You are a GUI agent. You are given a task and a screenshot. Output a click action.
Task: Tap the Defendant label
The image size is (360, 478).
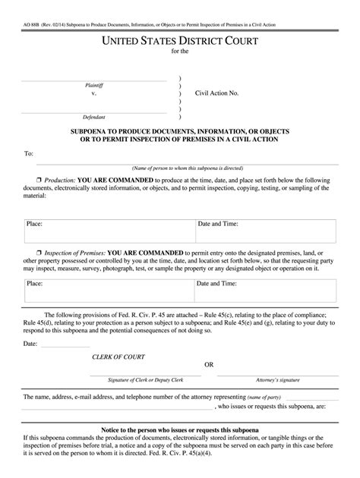click(94, 118)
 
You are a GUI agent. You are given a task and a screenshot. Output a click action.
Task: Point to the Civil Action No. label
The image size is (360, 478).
click(217, 93)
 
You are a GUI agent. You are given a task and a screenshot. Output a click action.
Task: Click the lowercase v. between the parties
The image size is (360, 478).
click(94, 94)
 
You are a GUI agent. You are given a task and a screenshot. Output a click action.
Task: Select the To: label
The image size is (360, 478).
click(29, 153)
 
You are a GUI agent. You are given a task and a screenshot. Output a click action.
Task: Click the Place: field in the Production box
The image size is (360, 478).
click(34, 224)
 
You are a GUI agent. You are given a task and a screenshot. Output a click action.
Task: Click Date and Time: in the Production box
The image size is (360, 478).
click(219, 224)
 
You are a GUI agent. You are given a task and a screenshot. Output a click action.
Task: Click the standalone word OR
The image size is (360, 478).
click(209, 364)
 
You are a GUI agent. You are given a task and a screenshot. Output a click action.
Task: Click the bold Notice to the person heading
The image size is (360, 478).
click(180, 430)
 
